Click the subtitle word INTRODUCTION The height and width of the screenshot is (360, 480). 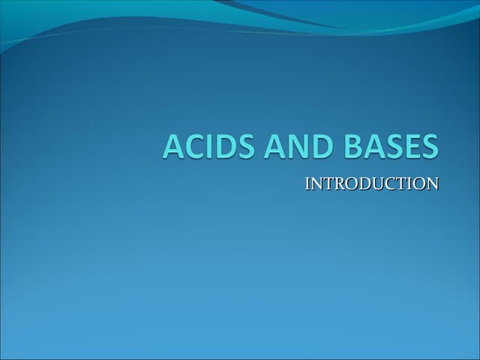pos(371,184)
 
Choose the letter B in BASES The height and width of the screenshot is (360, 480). pos(352,145)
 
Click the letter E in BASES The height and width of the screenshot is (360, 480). pos(409,145)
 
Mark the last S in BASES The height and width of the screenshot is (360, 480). pos(428,145)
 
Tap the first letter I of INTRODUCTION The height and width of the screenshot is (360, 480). pos(307,184)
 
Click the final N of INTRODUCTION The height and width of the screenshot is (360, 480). pos(432,184)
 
